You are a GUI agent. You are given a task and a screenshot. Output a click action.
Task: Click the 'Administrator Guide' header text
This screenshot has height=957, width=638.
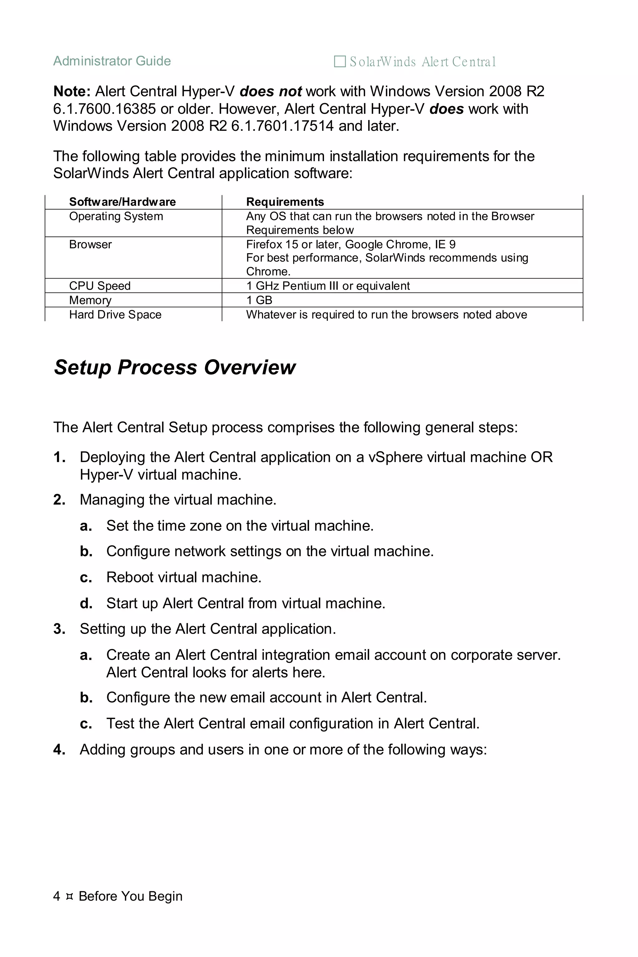click(x=112, y=61)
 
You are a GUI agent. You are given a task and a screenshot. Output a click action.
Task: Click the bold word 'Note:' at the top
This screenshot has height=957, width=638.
click(x=72, y=92)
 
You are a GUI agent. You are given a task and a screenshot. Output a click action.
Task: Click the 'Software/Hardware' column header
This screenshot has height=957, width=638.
click(x=122, y=202)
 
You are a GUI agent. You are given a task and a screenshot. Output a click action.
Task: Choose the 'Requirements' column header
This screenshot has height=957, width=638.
click(x=285, y=202)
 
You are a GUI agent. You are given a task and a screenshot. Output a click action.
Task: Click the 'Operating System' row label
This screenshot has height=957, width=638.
click(x=116, y=217)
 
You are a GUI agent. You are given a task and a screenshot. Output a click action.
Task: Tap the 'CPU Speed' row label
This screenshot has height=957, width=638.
click(x=100, y=286)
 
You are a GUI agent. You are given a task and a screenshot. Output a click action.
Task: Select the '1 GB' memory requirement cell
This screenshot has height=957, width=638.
click(x=259, y=300)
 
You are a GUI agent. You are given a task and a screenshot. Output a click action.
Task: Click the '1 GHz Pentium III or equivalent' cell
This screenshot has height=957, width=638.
click(x=328, y=286)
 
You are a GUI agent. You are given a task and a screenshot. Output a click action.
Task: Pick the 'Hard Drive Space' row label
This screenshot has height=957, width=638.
click(x=115, y=315)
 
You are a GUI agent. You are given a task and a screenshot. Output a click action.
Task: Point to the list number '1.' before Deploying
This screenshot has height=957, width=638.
click(x=60, y=457)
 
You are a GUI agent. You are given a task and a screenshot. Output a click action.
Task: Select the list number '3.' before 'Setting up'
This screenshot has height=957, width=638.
click(x=60, y=629)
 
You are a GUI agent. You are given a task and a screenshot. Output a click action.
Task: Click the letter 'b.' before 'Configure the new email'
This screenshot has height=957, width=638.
click(x=86, y=698)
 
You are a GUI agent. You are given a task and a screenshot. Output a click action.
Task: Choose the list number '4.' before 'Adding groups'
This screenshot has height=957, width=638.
click(x=60, y=750)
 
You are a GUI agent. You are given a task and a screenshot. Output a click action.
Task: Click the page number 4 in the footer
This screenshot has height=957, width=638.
click(x=57, y=896)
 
